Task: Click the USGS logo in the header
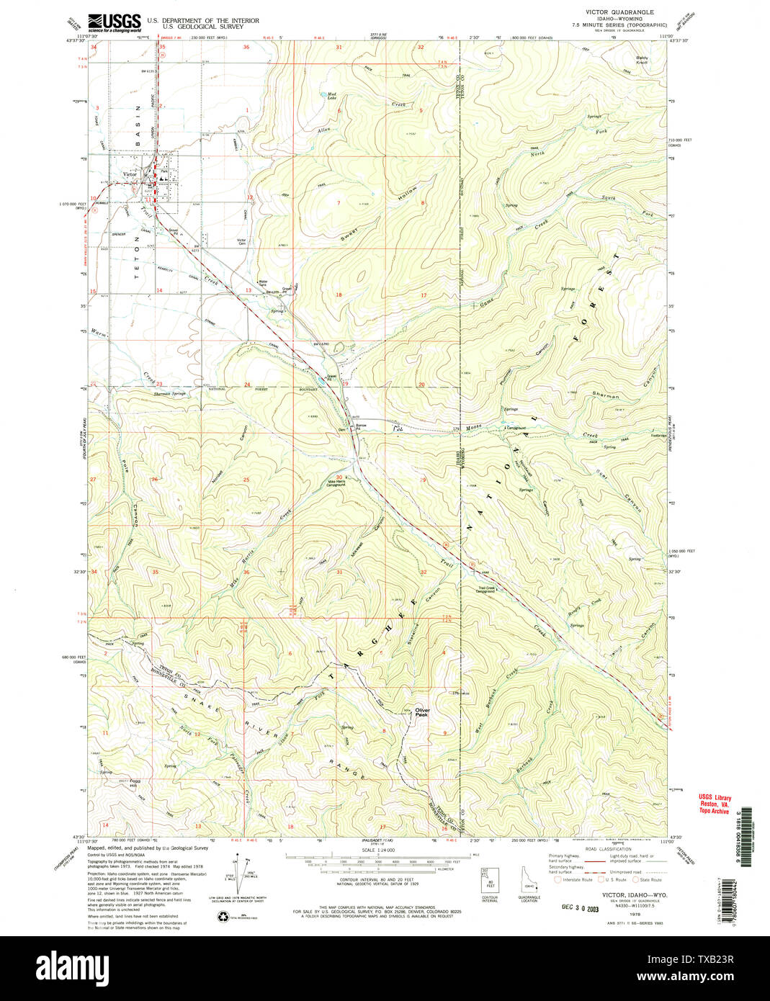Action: point(114,22)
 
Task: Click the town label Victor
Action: point(130,174)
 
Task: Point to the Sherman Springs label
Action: point(170,394)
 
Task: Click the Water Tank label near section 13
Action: point(263,283)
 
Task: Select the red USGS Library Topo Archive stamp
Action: point(714,804)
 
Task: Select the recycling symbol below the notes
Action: point(222,916)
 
